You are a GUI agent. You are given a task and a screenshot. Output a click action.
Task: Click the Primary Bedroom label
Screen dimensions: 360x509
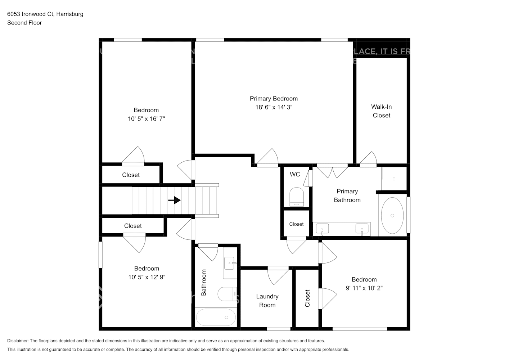click(x=274, y=99)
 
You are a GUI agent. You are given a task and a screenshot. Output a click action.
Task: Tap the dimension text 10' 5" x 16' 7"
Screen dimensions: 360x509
click(x=146, y=119)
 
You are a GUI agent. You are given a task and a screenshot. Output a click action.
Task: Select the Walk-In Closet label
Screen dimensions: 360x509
click(x=381, y=111)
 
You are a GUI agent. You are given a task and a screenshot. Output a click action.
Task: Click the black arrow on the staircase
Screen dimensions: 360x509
click(x=175, y=200)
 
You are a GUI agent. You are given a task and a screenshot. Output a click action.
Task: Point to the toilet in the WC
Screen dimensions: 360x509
click(x=297, y=197)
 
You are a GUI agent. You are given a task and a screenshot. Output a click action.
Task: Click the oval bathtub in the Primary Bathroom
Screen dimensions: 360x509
click(x=392, y=215)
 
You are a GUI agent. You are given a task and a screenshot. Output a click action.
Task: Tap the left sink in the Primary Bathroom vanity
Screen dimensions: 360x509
click(x=323, y=228)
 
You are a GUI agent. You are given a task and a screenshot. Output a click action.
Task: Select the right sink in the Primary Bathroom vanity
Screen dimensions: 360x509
click(x=362, y=228)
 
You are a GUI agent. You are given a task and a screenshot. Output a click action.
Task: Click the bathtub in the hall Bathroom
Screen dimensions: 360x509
click(x=216, y=317)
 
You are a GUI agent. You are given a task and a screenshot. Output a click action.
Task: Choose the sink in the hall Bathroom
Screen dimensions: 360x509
click(x=230, y=264)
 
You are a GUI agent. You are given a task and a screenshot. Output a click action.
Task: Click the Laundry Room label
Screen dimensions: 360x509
click(x=267, y=301)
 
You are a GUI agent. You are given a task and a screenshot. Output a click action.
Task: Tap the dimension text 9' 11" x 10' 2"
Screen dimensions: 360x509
click(x=364, y=288)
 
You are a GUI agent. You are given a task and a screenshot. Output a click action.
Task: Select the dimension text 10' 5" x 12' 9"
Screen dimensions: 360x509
click(x=147, y=277)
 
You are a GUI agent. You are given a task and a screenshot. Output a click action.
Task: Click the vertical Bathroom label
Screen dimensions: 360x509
click(x=204, y=283)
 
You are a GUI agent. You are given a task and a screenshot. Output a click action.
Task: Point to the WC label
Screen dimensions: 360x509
click(x=295, y=174)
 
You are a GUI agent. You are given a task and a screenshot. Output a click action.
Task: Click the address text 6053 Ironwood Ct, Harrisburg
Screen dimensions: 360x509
click(x=45, y=14)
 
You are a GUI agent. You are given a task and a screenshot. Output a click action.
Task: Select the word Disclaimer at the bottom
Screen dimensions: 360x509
click(x=18, y=341)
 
